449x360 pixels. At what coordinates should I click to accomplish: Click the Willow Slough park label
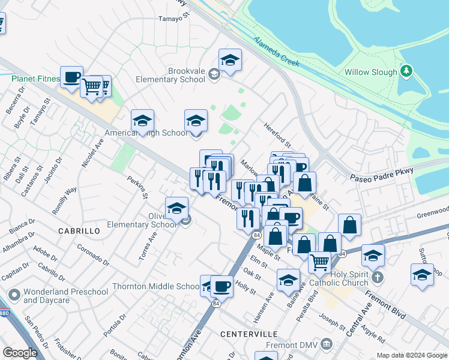[370, 72]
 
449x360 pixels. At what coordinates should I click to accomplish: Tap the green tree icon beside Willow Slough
[407, 71]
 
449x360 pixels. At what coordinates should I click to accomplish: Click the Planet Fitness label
[35, 79]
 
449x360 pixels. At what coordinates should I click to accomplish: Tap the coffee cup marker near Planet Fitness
[71, 77]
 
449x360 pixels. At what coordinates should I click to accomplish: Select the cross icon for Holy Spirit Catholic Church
[377, 277]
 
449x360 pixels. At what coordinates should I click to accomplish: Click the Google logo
[20, 353]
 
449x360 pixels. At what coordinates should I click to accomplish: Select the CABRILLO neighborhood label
[79, 230]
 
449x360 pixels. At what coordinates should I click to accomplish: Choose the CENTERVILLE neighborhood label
[249, 333]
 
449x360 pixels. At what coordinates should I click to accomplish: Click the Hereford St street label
[277, 136]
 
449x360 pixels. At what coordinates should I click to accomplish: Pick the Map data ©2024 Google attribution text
[412, 355]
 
